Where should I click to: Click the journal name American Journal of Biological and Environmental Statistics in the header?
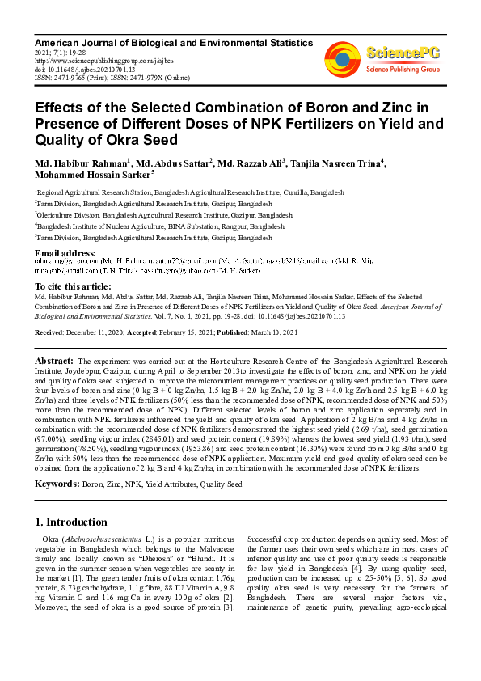(x=161, y=40)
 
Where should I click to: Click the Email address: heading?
(x=65, y=254)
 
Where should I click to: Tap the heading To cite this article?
(x=74, y=286)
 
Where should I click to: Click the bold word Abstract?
(x=54, y=360)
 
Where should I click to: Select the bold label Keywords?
(x=57, y=484)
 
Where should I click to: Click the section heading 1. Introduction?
(x=71, y=522)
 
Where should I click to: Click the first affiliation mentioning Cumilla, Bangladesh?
(x=190, y=193)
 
